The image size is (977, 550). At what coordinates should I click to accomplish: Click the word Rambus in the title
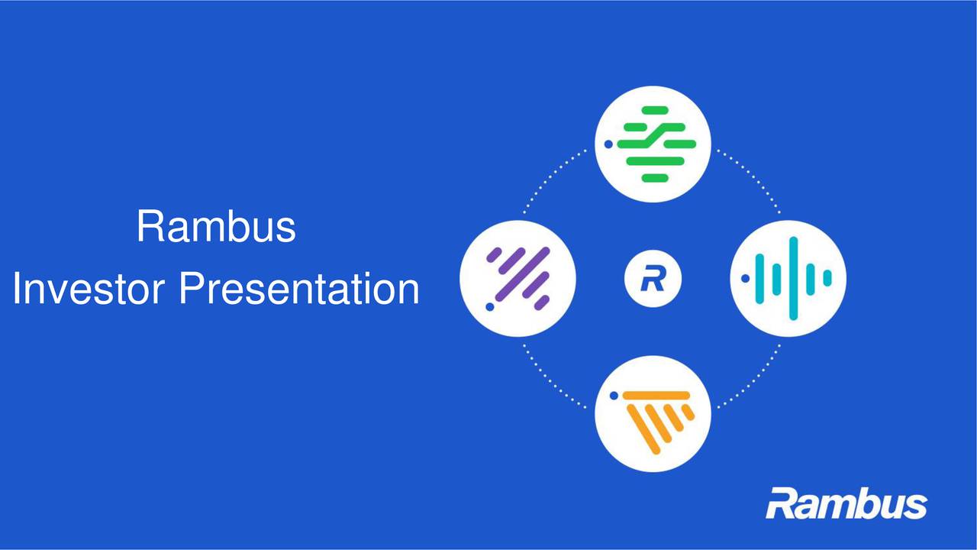click(216, 227)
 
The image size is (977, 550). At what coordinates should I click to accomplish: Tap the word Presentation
click(299, 290)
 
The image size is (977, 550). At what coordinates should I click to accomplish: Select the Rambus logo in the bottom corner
click(846, 505)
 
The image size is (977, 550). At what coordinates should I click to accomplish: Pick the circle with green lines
click(653, 144)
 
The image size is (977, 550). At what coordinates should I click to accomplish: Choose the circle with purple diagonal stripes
click(518, 279)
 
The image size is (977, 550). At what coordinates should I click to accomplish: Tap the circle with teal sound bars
click(788, 279)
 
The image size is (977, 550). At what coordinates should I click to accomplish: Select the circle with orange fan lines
click(653, 413)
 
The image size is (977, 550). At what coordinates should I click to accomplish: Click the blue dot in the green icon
click(608, 144)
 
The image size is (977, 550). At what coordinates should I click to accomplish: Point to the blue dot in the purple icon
click(489, 307)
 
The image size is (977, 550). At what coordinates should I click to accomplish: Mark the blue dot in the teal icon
click(745, 279)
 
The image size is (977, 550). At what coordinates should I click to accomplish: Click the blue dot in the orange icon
click(613, 396)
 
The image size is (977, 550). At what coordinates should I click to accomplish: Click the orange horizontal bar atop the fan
click(656, 395)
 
